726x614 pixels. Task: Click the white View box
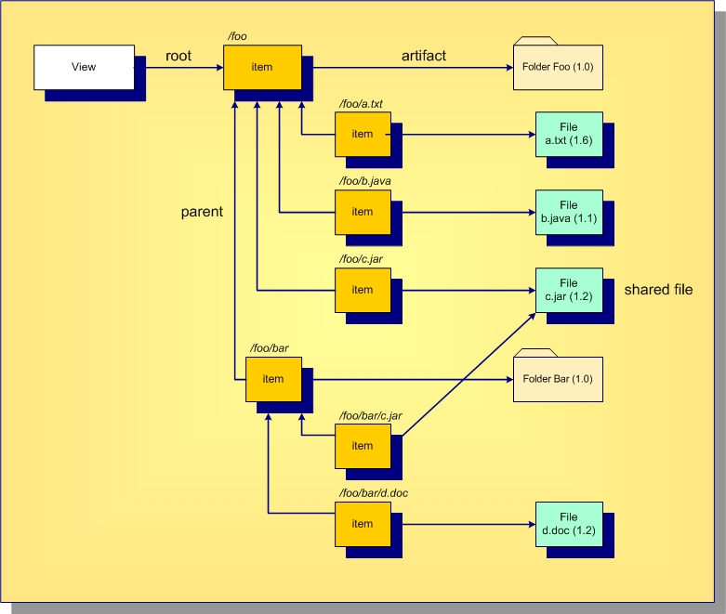pos(84,67)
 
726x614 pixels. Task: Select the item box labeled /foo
pos(263,67)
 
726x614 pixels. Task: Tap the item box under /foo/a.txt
pos(363,134)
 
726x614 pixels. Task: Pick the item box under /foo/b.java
pos(363,212)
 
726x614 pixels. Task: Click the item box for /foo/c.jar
pos(363,290)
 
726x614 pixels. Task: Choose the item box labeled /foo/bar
pos(273,379)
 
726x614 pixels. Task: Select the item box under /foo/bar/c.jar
pos(363,446)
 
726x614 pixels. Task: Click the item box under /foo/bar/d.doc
pos(363,524)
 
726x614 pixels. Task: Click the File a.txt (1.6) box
pos(569,134)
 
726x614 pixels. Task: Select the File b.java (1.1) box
pos(569,212)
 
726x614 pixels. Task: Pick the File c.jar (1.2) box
pos(569,290)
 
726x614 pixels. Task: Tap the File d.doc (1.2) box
pos(569,524)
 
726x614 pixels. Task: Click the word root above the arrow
pos(178,56)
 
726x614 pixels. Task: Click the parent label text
pos(202,212)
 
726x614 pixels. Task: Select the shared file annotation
pos(658,290)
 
